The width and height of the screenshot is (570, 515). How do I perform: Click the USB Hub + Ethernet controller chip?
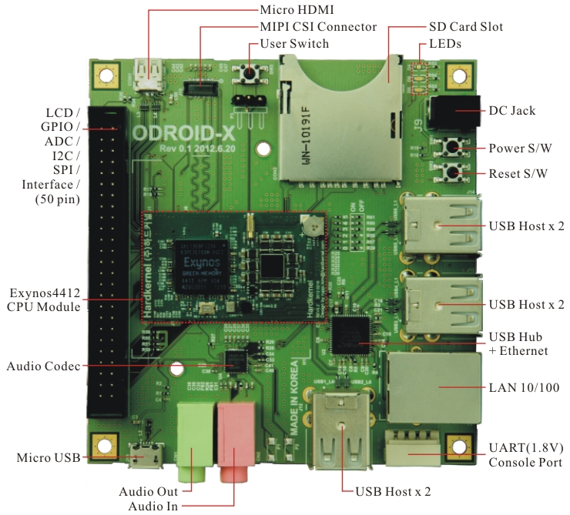357,332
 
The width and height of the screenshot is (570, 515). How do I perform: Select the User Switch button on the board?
250,74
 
